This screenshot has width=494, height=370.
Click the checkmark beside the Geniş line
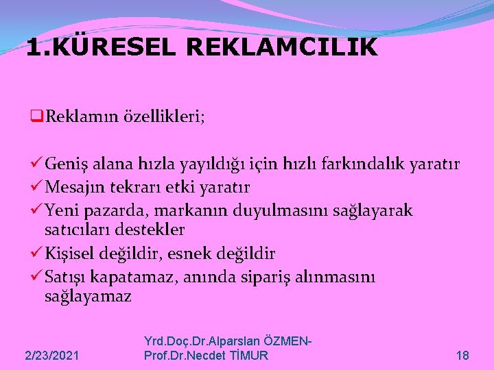(x=38, y=164)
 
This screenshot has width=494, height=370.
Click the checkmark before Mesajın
(x=38, y=187)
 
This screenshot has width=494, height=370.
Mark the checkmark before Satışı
(x=38, y=277)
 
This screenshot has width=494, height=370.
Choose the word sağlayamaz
(x=87, y=296)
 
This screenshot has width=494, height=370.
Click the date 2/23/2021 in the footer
(x=51, y=355)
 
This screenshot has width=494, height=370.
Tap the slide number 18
(x=462, y=355)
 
